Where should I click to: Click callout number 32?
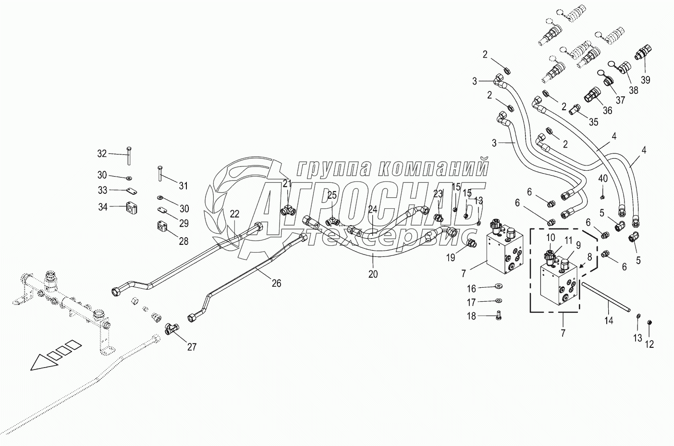[x=102, y=153]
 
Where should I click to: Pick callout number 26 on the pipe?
[x=276, y=283]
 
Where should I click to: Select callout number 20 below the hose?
[x=373, y=274]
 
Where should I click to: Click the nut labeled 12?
[x=649, y=322]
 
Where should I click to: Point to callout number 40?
[x=603, y=178]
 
